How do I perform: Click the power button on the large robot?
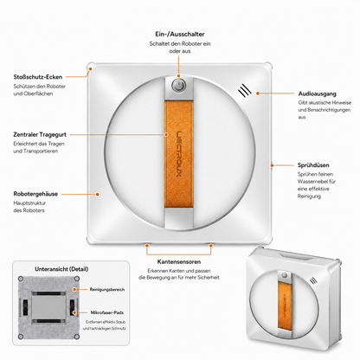tap(179, 86)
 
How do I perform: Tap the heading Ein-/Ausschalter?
tap(180, 35)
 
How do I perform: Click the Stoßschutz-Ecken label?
tap(38, 77)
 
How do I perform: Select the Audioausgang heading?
tap(317, 93)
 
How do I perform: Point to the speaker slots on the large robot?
tap(245, 90)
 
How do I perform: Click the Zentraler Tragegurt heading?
tap(40, 135)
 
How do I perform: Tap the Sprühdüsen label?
tap(313, 165)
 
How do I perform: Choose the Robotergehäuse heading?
tap(35, 194)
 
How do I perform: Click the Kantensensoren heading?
tap(179, 262)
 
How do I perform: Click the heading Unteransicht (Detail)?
tap(61, 269)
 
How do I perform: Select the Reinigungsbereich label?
tap(107, 289)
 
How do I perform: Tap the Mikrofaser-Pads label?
tap(107, 312)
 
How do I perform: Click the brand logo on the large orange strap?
tap(179, 154)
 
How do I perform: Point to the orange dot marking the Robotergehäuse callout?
tap(98, 194)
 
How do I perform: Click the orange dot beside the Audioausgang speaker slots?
tap(258, 93)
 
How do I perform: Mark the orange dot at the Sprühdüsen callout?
tap(272, 165)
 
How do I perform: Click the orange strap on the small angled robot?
tap(285, 305)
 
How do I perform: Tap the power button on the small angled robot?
tap(285, 275)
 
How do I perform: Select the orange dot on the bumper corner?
tap(90, 69)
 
